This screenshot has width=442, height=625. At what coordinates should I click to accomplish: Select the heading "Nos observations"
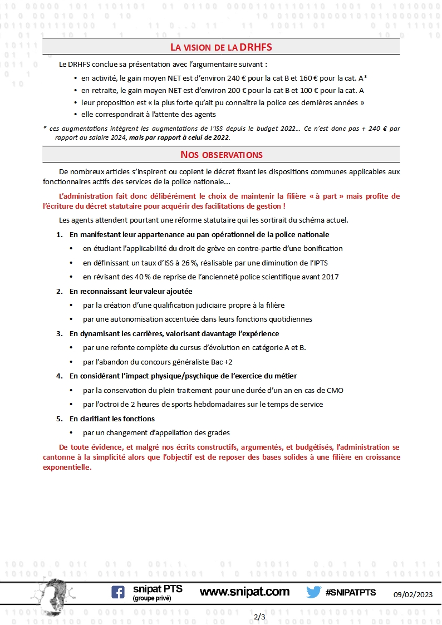tap(221, 154)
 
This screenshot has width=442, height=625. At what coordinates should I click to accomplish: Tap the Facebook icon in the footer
tap(118, 592)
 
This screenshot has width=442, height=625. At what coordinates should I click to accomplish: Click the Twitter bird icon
tap(313, 592)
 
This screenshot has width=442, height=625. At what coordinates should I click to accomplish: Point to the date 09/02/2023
tap(416, 594)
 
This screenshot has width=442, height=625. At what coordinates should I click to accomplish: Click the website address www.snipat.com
tap(244, 592)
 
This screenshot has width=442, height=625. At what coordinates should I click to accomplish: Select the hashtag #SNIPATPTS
tap(351, 592)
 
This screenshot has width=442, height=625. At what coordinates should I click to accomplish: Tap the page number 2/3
tap(259, 617)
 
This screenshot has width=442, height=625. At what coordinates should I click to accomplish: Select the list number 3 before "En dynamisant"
tap(59, 333)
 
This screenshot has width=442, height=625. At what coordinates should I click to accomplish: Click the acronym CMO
tap(335, 390)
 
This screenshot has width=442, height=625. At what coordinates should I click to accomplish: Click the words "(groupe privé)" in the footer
tap(152, 598)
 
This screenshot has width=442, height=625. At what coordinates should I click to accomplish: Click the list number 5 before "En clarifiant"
tap(59, 419)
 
